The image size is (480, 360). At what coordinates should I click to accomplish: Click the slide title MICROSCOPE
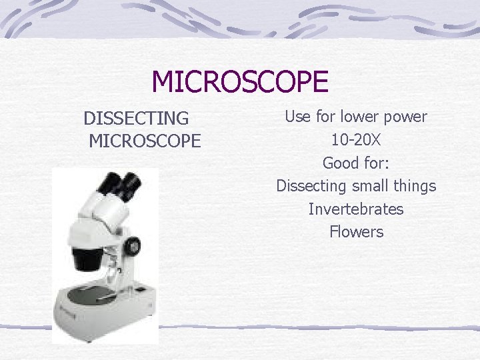(x=240, y=82)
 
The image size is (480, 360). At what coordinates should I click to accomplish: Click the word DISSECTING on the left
(x=136, y=119)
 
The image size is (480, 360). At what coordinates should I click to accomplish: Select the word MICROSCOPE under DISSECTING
(x=144, y=141)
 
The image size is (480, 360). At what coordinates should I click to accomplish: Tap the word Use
(x=297, y=117)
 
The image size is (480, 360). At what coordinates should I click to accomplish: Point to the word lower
(x=360, y=117)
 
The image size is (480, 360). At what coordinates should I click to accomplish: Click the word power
(x=406, y=117)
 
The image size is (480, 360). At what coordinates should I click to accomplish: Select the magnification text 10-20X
(x=356, y=140)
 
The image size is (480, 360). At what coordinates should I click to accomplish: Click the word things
(x=415, y=186)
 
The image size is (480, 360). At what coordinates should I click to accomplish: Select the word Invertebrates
(x=356, y=209)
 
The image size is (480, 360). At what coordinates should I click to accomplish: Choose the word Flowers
(x=356, y=232)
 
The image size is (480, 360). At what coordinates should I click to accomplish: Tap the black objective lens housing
(x=87, y=256)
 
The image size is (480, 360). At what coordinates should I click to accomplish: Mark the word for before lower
(x=325, y=117)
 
